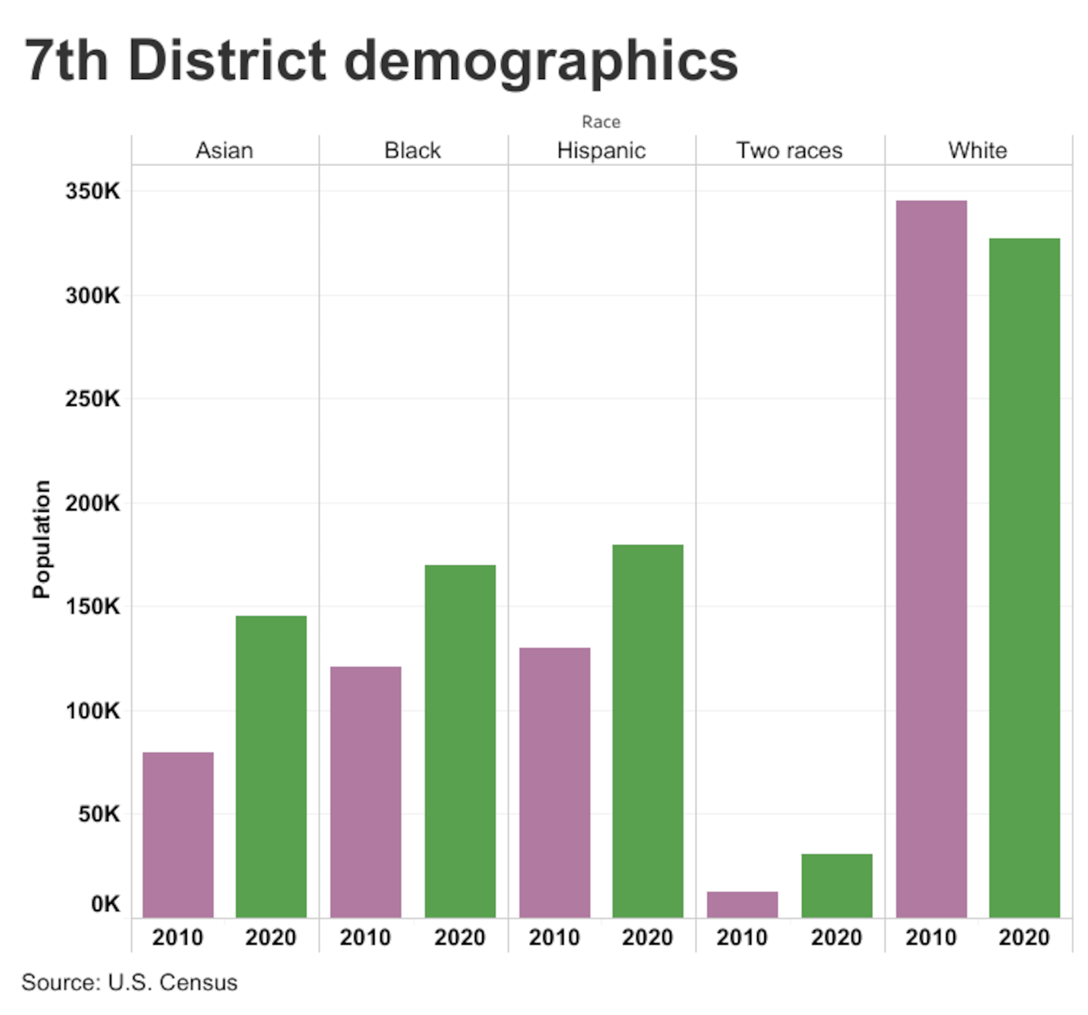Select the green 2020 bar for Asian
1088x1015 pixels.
[x=271, y=766]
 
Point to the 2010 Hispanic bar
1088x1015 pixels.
[x=554, y=782]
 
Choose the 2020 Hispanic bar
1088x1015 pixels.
[x=647, y=730]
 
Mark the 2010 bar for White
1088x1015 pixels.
[x=931, y=558]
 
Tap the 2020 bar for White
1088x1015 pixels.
[x=1024, y=577]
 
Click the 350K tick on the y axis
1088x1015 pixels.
[x=92, y=191]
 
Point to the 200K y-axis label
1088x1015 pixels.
[x=92, y=503]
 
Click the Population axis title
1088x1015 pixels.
[x=42, y=539]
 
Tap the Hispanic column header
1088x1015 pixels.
[x=601, y=150]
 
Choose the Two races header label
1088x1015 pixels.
[x=789, y=150]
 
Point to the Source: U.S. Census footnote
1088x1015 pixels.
[x=129, y=982]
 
